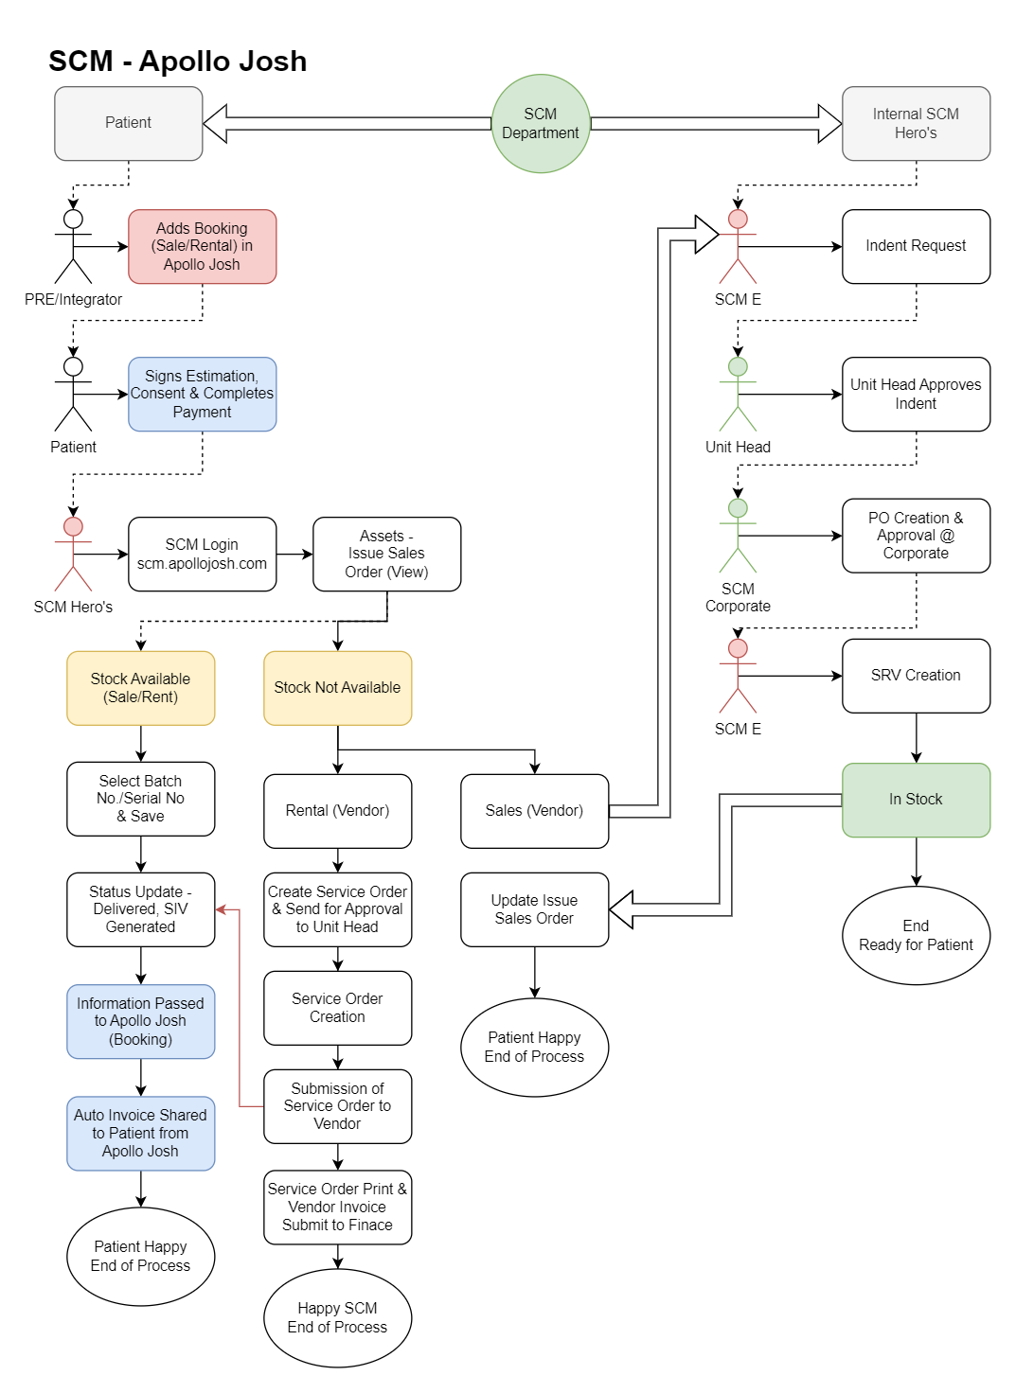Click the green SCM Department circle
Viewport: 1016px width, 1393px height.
coord(541,124)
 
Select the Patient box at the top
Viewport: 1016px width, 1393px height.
coord(129,123)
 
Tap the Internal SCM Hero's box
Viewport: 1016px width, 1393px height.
coord(916,123)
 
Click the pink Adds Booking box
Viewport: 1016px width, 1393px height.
coord(202,246)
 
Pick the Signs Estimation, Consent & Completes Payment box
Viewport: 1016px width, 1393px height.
coord(202,394)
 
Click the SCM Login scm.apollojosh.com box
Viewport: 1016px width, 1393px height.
coord(202,554)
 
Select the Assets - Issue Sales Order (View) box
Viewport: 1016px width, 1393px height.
coord(386,554)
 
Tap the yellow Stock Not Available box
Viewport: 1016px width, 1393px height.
coord(337,687)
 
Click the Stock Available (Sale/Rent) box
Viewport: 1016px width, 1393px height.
coord(140,687)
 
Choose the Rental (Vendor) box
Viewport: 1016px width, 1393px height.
coord(337,810)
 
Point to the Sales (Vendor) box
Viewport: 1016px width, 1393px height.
coord(534,810)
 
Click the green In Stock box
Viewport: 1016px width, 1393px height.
coord(916,800)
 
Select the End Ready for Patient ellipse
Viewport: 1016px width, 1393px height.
coord(916,935)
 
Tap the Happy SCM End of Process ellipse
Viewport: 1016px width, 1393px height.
coord(337,1317)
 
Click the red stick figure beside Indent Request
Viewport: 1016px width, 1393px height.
coord(738,247)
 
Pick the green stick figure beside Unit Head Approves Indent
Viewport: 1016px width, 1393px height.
coord(738,395)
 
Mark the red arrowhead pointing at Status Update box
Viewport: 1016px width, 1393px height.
coord(222,909)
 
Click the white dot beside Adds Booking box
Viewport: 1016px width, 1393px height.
coord(73,219)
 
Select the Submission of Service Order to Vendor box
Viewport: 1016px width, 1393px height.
coord(337,1105)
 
